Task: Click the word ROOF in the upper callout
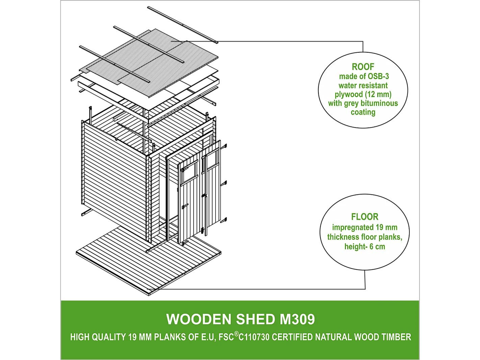363,67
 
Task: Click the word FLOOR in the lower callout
364,217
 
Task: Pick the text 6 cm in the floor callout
377,246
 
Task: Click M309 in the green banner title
297,319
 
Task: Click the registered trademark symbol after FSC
236,334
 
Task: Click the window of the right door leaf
212,160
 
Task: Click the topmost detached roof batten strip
182,24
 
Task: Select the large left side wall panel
115,179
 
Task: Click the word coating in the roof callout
363,112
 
